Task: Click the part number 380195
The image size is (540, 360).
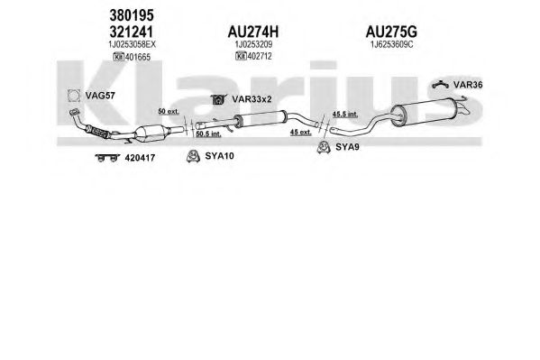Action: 132,15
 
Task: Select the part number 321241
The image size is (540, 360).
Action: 132,32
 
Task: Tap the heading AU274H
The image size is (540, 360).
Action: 253,32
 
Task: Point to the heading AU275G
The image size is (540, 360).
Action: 391,32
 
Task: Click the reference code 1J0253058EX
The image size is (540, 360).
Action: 132,44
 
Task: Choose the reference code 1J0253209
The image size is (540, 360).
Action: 253,44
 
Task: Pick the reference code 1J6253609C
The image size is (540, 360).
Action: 391,44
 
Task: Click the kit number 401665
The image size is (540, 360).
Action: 138,57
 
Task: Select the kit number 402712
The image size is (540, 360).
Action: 260,56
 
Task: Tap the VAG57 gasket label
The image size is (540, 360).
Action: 100,96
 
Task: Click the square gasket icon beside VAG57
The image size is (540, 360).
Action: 73,96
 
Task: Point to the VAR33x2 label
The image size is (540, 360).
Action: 252,99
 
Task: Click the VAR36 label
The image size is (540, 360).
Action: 468,85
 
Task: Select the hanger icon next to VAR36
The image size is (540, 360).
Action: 440,84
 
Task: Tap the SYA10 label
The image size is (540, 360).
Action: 219,156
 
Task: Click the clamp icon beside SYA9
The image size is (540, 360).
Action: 324,147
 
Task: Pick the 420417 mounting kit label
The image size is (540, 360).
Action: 140,158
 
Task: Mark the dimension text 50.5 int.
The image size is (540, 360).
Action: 208,134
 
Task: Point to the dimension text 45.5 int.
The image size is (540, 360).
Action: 345,115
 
